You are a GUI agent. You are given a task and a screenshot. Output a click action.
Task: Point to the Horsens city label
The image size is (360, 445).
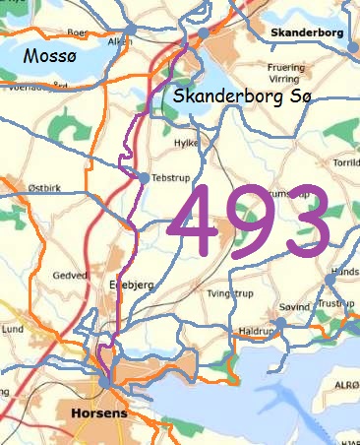(100, 414)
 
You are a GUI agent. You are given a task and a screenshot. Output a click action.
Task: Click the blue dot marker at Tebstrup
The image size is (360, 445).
(143, 177)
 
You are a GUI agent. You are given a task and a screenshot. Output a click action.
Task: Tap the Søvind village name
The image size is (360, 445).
(295, 307)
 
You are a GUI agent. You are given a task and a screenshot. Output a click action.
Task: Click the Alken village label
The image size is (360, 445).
(118, 42)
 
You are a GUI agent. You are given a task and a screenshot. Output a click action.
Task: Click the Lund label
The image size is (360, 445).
(12, 329)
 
